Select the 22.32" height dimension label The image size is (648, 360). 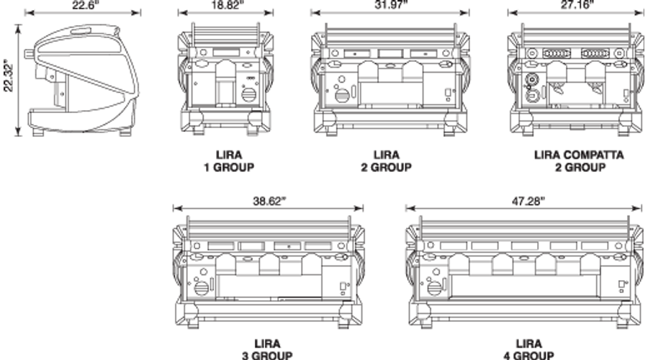pyautogui.click(x=8, y=78)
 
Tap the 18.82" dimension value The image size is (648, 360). pyautogui.click(x=228, y=4)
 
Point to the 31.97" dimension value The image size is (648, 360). pyautogui.click(x=391, y=4)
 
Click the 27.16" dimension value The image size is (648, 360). pyautogui.click(x=577, y=4)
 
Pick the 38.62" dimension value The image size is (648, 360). pyautogui.click(x=269, y=201)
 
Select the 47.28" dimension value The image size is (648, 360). pyautogui.click(x=528, y=201)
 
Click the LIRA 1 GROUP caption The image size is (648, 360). pyautogui.click(x=229, y=161)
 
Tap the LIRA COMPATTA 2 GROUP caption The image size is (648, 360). pyautogui.click(x=579, y=161)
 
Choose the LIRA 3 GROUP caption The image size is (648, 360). pyautogui.click(x=267, y=349)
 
